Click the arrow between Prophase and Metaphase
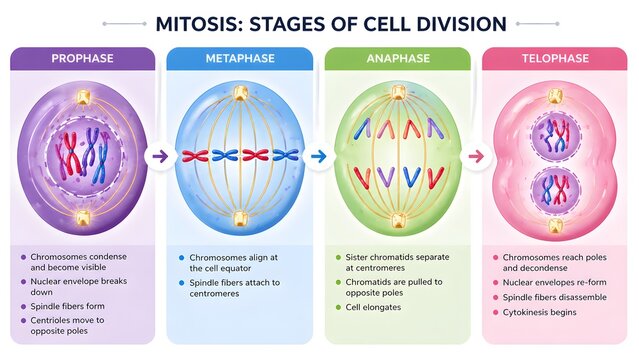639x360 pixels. [x=159, y=156]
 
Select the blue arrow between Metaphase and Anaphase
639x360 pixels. [x=317, y=156]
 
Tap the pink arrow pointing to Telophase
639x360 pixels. [x=476, y=156]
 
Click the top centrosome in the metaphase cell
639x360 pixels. [x=239, y=94]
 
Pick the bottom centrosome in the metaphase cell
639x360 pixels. [x=239, y=219]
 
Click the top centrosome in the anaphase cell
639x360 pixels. [x=397, y=94]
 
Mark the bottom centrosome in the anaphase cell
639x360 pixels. [x=397, y=220]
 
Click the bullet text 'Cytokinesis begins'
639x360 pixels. [x=545, y=313]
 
